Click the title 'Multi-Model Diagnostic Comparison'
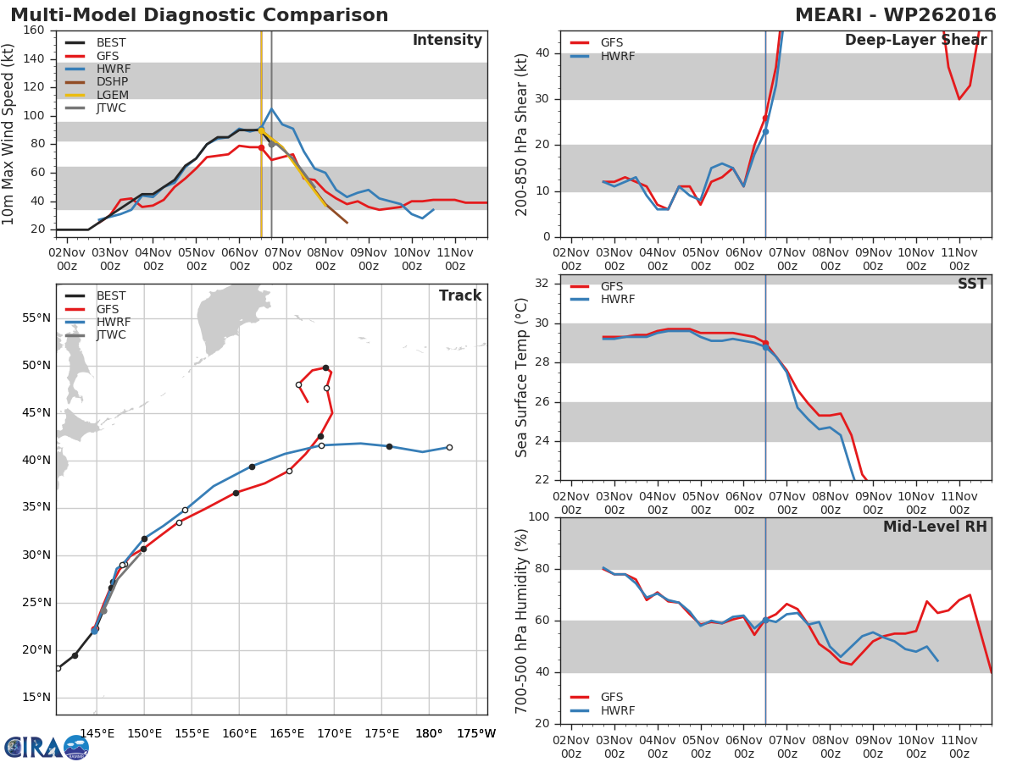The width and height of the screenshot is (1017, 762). (x=199, y=15)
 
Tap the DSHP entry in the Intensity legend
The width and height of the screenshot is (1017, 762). (x=113, y=82)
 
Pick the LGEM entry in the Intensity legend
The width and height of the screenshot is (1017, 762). (x=113, y=95)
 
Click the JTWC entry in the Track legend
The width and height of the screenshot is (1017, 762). (x=111, y=335)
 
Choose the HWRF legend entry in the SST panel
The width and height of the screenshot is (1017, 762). (x=617, y=299)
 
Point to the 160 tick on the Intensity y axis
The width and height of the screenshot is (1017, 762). (x=34, y=30)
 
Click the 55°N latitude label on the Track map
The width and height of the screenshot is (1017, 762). (x=36, y=318)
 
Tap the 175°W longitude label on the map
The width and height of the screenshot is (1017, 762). (x=476, y=733)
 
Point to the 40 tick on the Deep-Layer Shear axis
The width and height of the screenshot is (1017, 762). (x=542, y=53)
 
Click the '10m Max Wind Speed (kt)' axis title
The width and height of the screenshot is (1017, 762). (x=9, y=135)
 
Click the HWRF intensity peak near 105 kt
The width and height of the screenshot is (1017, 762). (x=271, y=108)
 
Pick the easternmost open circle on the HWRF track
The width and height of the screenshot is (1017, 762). (x=449, y=447)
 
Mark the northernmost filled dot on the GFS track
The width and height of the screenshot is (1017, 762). (x=325, y=367)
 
